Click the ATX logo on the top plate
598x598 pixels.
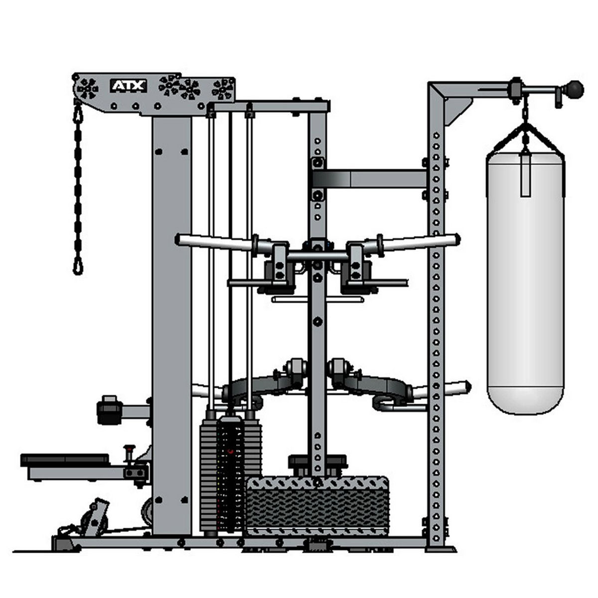click(x=129, y=86)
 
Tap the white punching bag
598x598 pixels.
click(x=526, y=283)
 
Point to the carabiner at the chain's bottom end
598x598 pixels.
click(x=78, y=268)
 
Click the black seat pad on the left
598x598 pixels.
click(x=65, y=460)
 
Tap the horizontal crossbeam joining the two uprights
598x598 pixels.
click(x=370, y=179)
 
